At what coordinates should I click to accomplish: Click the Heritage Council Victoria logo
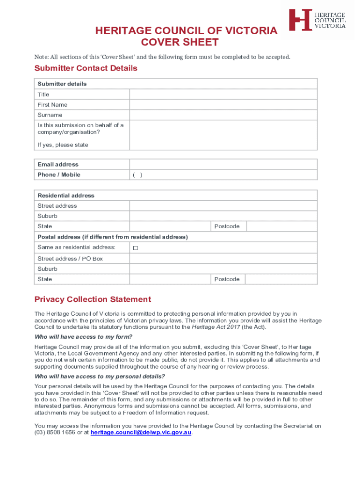click(317, 20)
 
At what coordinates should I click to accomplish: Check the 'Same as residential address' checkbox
click(136, 248)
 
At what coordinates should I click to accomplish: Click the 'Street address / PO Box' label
click(70, 259)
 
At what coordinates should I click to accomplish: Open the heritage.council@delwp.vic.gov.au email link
click(141, 433)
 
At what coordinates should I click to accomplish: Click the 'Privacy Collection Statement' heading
click(93, 299)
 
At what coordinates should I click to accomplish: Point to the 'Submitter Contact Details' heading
click(86, 68)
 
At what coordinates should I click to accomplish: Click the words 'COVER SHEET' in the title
click(187, 43)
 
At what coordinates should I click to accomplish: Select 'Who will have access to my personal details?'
click(100, 377)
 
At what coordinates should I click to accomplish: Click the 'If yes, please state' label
click(63, 145)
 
